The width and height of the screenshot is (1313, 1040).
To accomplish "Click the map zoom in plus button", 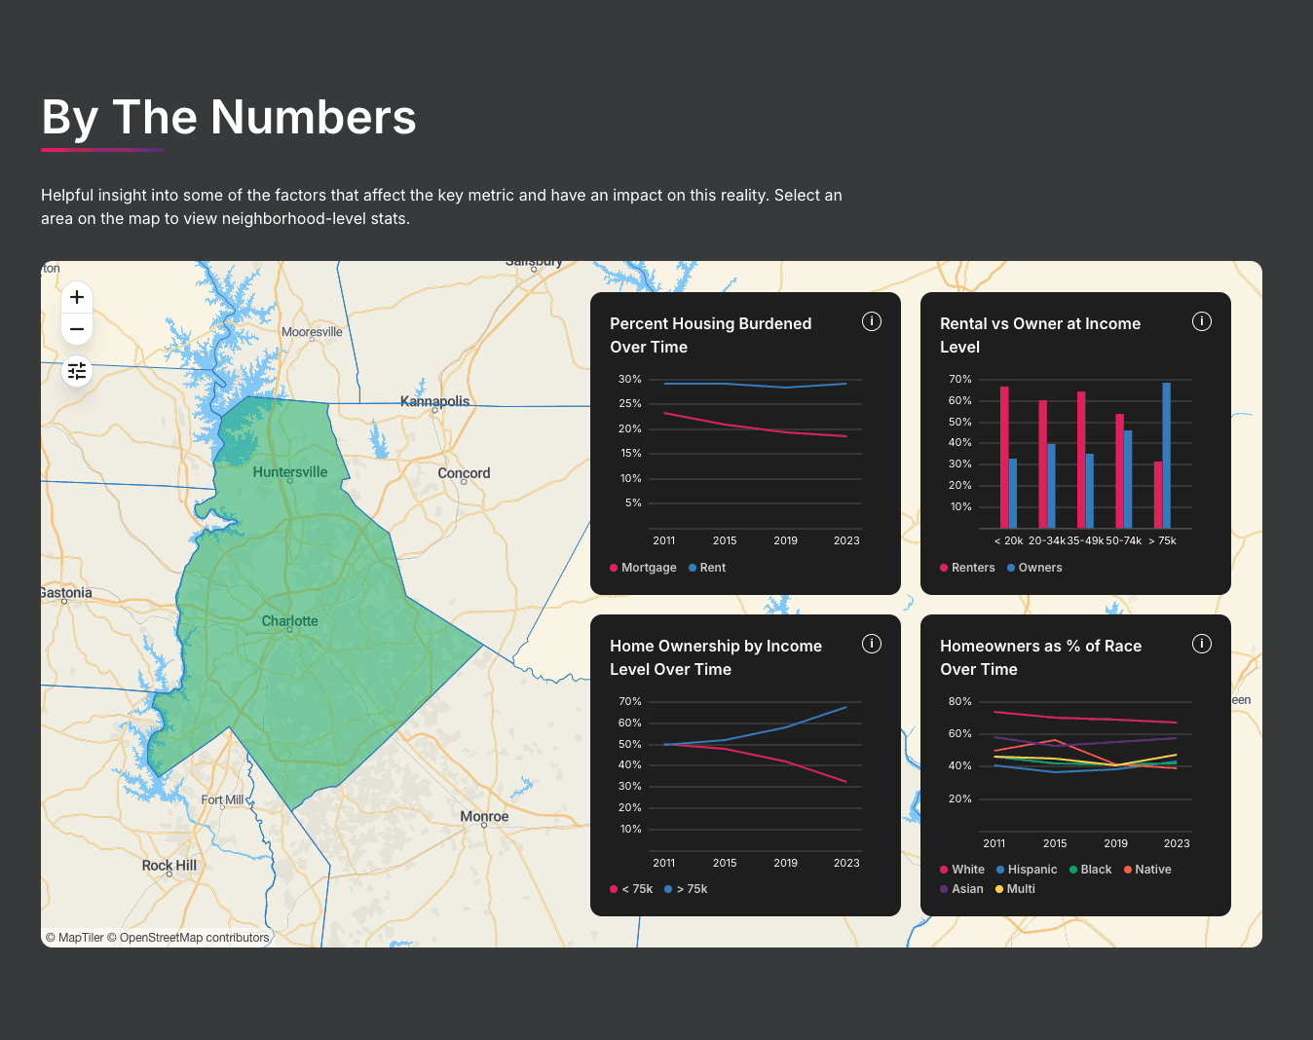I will (77, 297).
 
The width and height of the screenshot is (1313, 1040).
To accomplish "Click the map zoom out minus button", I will (77, 329).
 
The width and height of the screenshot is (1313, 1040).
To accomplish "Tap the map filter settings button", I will (77, 371).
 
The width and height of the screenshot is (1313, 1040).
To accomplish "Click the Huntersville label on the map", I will (290, 472).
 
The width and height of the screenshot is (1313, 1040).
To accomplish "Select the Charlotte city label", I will (289, 621).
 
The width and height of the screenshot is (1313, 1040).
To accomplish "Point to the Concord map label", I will (464, 473).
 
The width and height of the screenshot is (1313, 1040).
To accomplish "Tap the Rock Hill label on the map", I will (169, 866).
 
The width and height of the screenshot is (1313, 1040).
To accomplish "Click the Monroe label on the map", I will (484, 817).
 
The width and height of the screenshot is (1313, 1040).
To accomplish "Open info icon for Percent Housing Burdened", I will (872, 321).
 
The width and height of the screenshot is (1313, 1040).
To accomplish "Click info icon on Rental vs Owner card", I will (1202, 321).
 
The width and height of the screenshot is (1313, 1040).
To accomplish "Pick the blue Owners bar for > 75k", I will (1166, 455).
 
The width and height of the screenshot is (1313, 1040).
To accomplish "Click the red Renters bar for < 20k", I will (1004, 457).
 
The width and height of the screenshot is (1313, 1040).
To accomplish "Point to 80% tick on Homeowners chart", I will (959, 701).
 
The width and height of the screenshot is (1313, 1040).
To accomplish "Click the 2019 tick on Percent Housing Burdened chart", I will (785, 540).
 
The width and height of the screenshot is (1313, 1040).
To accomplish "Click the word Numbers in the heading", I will (314, 118).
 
